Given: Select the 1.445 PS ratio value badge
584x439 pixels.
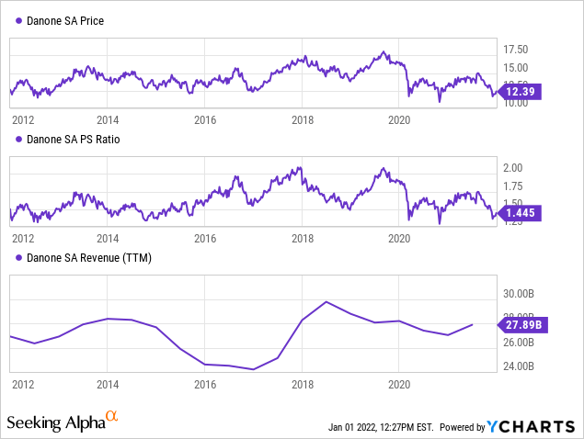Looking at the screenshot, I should (523, 213).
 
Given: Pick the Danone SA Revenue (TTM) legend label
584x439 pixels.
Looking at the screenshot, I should (87, 258).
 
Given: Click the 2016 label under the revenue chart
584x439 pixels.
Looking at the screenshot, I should (205, 384).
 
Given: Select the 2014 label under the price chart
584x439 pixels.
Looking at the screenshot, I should (108, 119).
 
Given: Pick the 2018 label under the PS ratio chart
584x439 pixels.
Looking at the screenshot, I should (303, 238).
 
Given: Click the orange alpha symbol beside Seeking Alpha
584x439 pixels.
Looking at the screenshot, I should (111, 418).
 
